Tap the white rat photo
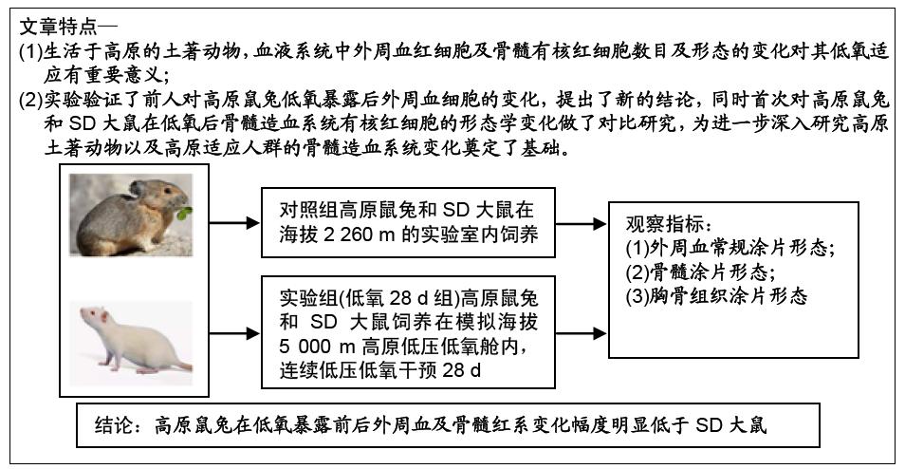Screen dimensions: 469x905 pyautogui.click(x=130, y=341)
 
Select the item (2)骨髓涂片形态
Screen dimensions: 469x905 pyautogui.click(x=697, y=272)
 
